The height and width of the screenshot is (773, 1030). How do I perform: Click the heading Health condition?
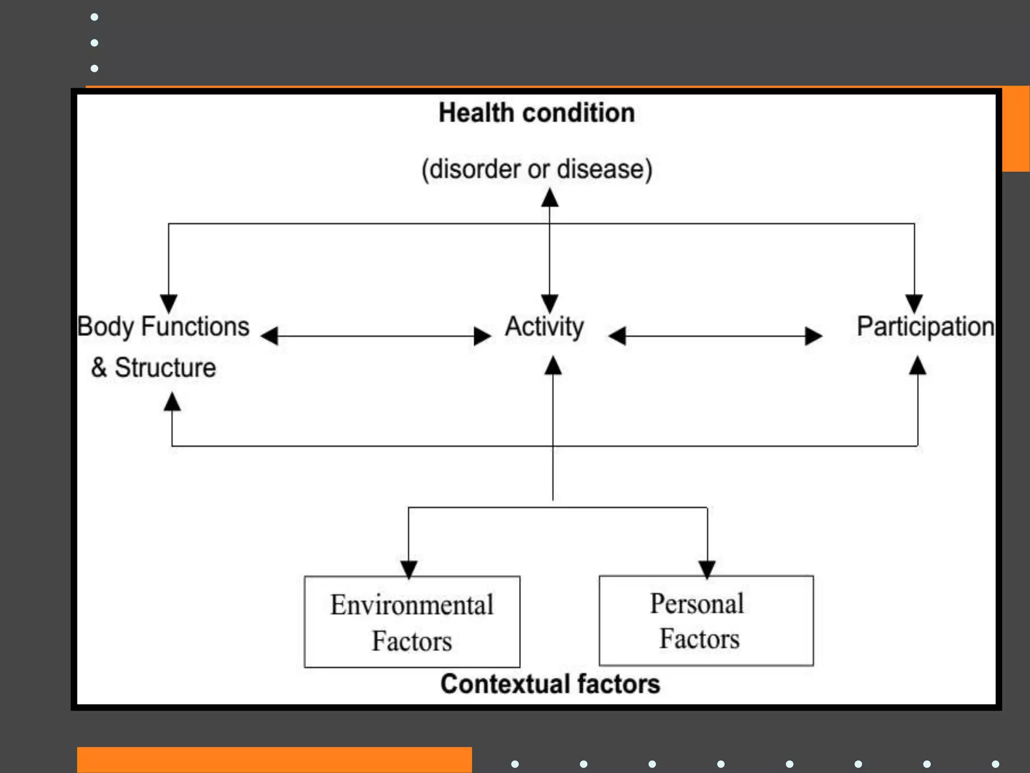[x=537, y=113]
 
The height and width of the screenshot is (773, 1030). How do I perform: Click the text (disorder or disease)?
[x=537, y=169]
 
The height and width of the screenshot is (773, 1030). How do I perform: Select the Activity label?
[x=545, y=327]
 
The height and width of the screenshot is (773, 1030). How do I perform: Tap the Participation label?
[x=925, y=327]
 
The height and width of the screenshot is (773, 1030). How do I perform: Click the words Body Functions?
[x=163, y=327]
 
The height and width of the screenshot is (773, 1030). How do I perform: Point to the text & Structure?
[x=153, y=367]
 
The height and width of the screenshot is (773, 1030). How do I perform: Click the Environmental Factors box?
[x=412, y=622]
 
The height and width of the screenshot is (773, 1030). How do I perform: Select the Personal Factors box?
[x=706, y=621]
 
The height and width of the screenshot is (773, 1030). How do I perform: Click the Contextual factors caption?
[x=550, y=684]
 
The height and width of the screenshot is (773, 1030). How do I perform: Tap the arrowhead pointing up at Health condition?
[x=550, y=198]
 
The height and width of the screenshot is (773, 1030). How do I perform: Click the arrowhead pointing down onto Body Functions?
[x=168, y=303]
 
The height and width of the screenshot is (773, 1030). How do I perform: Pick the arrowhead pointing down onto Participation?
[x=914, y=303]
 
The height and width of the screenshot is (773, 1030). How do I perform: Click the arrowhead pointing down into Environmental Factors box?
[x=408, y=569]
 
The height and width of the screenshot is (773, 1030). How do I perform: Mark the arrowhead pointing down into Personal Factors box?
[x=707, y=569]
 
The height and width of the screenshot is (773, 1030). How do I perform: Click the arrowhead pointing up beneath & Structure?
[x=172, y=402]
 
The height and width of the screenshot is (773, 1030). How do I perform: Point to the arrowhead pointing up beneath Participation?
[x=918, y=366]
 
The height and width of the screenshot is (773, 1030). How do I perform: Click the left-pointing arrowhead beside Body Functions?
[x=270, y=336]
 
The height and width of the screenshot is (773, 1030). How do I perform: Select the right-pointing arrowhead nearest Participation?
[x=813, y=336]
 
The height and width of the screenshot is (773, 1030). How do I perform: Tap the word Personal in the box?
[x=697, y=603]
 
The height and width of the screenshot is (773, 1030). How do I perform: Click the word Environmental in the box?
[x=412, y=605]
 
